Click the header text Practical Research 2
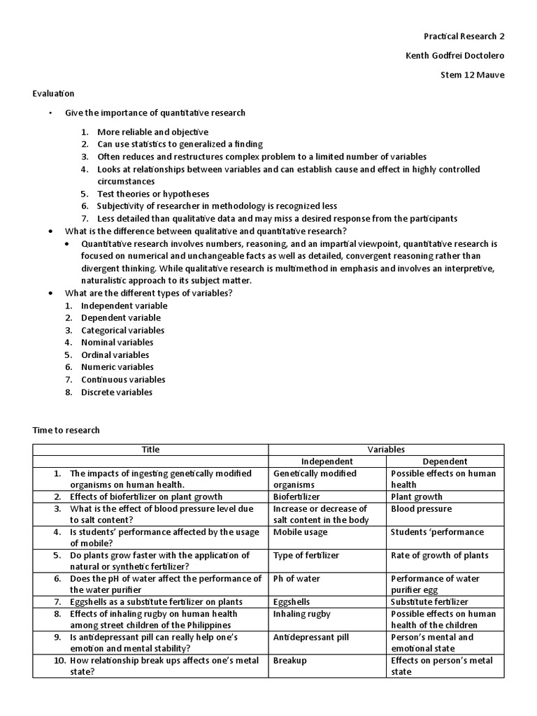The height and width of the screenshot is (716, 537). point(464,36)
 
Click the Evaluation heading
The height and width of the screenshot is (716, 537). point(53,93)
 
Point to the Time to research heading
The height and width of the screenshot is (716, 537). point(66,430)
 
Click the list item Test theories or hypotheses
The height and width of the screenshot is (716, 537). point(153,194)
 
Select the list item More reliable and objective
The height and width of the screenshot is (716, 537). point(152,131)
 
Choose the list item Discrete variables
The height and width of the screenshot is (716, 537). point(116,392)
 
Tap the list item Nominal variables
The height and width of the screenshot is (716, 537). point(117,342)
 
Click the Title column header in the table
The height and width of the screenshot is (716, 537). point(151,450)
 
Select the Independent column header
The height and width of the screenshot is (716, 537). point(327,461)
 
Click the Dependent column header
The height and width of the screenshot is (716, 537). point(445,461)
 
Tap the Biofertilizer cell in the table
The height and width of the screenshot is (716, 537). point(296,497)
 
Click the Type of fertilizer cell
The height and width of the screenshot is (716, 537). point(306,555)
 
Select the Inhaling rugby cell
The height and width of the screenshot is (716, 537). point(302,614)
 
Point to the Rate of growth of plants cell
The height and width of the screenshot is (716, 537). point(439,555)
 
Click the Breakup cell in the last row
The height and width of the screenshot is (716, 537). point(289,660)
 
